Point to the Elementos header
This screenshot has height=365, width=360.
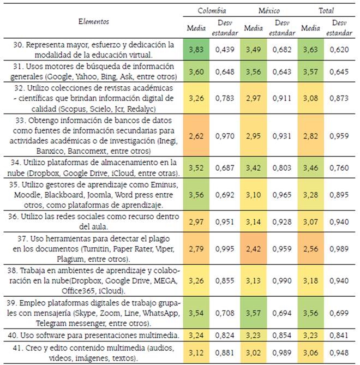[x=94, y=22]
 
